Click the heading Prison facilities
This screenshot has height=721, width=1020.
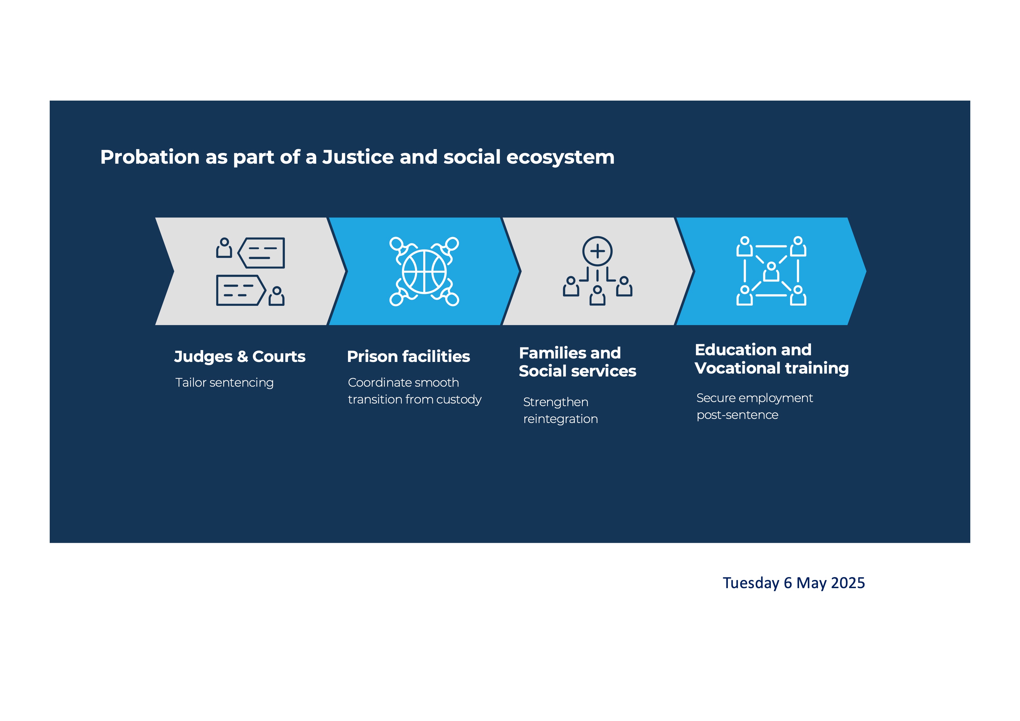point(408,356)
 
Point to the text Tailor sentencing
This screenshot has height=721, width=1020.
point(224,383)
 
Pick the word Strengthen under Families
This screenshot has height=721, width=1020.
point(556,402)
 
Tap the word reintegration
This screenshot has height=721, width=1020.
point(561,419)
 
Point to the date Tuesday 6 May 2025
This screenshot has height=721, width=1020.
point(794,583)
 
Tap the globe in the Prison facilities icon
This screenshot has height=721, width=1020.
point(424,272)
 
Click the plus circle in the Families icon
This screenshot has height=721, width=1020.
point(598,251)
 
